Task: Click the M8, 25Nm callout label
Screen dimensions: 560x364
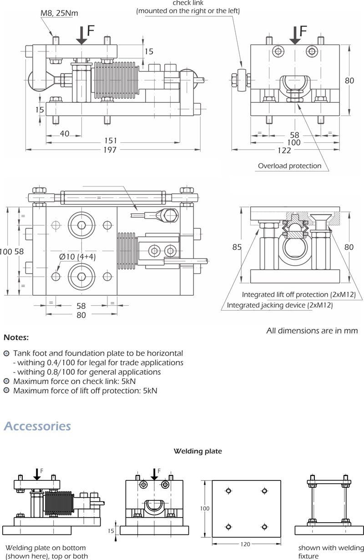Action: pos(59,14)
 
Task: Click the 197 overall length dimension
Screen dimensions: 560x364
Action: pos(110,150)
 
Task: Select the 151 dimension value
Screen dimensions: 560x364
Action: pos(111,141)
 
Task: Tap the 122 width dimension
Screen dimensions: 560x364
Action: pos(285,150)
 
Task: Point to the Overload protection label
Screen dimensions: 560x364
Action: pos(289,166)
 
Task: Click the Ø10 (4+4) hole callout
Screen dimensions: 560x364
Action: pos(77,257)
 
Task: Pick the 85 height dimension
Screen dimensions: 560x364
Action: pos(237,247)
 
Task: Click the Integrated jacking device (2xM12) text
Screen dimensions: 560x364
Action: pos(280,305)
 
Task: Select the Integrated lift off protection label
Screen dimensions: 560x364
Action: pos(298,295)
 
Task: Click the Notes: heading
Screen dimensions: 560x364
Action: pos(16,338)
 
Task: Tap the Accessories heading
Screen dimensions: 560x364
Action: pos(37,426)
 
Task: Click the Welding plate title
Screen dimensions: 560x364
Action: pos(197,451)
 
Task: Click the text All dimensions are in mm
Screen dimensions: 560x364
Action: pos(312,331)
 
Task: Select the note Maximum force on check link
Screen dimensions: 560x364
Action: pos(74,381)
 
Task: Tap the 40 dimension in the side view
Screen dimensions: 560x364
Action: pos(64,134)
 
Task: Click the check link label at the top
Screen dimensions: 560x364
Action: pos(187,4)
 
